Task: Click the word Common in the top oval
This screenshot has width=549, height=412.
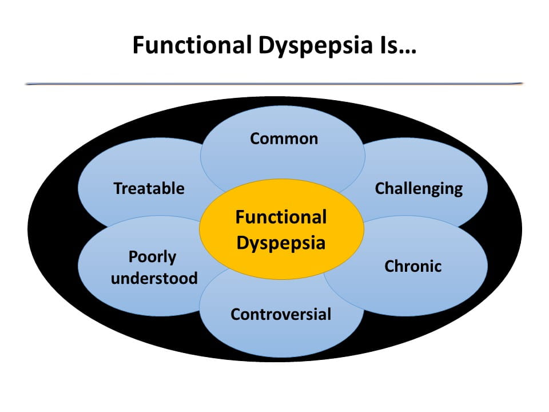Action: [x=284, y=138]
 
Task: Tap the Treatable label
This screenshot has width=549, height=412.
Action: [x=149, y=188]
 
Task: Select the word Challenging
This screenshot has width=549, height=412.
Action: [x=419, y=188]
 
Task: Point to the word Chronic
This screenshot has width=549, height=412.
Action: [x=413, y=266]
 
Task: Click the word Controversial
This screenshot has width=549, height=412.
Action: [x=281, y=314]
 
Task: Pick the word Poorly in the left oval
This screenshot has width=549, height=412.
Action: [x=152, y=257]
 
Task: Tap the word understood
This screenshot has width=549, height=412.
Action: [x=154, y=278]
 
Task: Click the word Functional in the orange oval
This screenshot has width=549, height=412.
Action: [x=281, y=217]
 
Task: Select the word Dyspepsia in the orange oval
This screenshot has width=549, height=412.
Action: [x=281, y=243]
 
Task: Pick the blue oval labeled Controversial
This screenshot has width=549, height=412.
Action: [x=281, y=335]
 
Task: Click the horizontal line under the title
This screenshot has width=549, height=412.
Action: [x=274, y=84]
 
